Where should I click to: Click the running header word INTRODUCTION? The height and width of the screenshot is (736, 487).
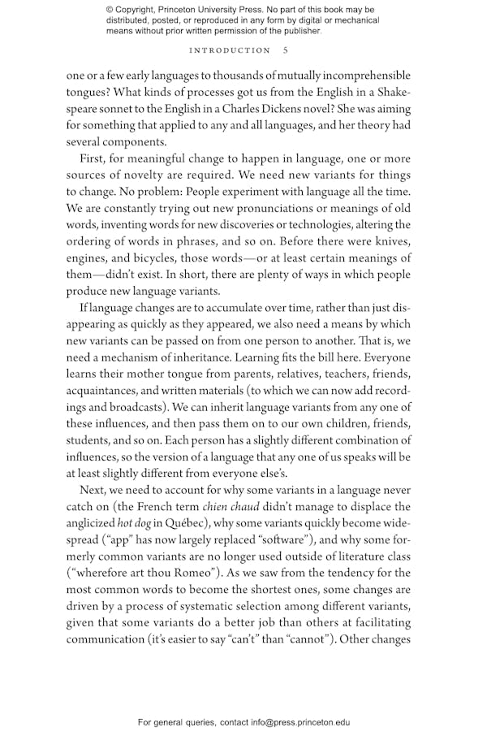click(x=230, y=50)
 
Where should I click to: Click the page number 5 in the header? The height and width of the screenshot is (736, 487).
click(x=285, y=50)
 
